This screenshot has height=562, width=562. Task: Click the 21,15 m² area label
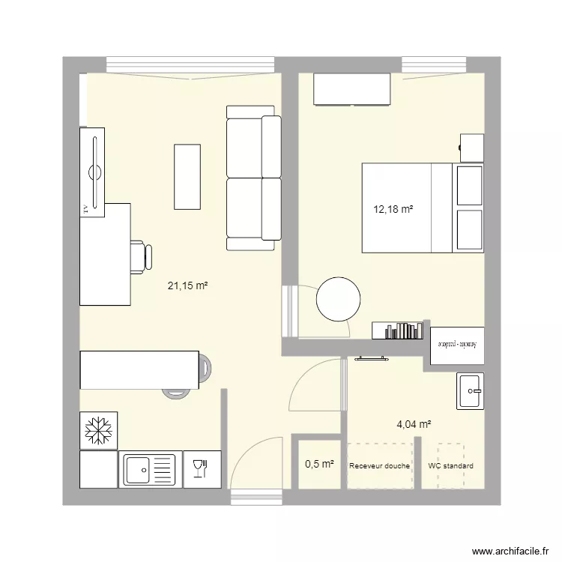pos(187,285)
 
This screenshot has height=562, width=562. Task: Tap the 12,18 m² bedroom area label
pos(393,210)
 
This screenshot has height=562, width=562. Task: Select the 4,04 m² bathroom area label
pos(414,424)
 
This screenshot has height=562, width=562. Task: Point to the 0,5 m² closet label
pos(318,464)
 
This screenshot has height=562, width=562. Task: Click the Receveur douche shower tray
pos(380,466)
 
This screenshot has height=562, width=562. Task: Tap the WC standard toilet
pos(450,466)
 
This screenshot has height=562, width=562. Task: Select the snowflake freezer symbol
pos(98,430)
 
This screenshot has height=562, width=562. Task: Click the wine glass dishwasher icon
pos(199,468)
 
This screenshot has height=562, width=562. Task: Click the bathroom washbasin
pos(470,390)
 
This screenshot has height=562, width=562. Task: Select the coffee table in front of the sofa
pos(187,176)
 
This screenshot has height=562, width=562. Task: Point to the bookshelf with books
pos(397,330)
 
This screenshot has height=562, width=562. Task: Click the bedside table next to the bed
pos(471,147)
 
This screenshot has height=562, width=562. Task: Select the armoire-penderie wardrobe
pos(457,345)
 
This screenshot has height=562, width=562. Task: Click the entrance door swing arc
pos(251,461)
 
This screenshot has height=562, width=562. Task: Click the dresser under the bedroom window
pos(352,90)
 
